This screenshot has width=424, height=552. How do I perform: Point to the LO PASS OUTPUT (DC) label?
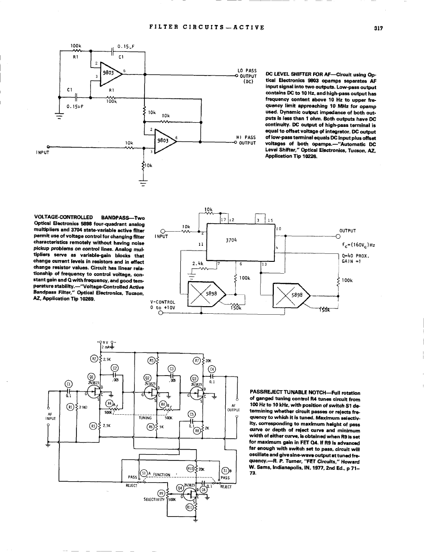tap(247, 75)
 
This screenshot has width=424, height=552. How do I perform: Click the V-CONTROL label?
tap(163, 301)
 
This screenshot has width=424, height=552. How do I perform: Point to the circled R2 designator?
tap(94, 360)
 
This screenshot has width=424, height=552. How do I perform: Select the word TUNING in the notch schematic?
tap(145, 418)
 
